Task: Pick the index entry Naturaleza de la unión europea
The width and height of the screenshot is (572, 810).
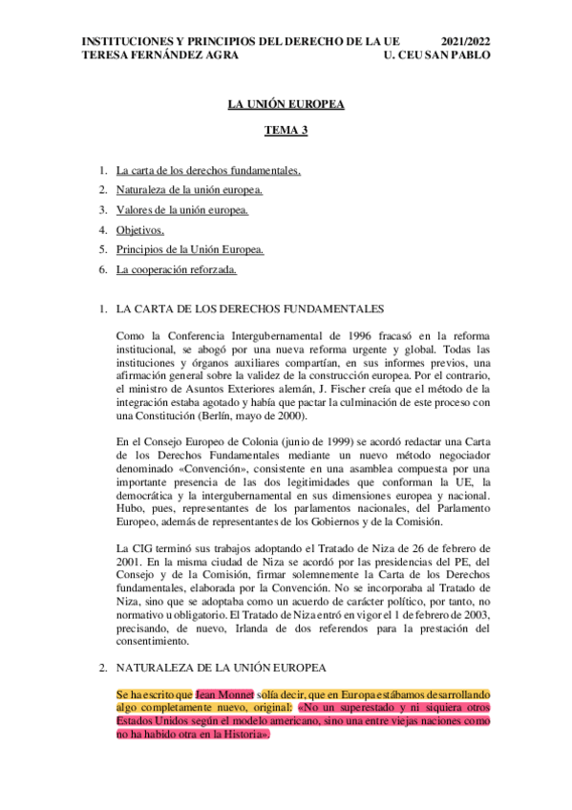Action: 190,191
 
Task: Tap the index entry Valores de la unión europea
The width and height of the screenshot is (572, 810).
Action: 182,210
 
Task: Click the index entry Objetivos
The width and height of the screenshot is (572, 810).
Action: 140,230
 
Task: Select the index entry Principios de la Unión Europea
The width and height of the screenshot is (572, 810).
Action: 190,250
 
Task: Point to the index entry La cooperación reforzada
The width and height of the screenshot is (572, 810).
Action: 176,269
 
